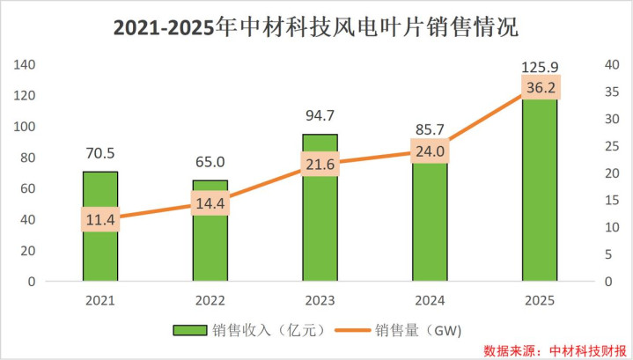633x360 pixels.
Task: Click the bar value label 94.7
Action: tap(320, 114)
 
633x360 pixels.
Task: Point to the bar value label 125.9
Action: tap(540, 67)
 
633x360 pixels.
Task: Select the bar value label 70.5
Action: tap(100, 152)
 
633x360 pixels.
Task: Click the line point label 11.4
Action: tap(100, 219)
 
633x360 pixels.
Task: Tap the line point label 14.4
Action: tap(210, 203)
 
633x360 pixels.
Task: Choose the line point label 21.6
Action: tap(320, 165)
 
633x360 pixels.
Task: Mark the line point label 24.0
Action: tap(431, 151)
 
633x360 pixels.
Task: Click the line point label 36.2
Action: tap(540, 87)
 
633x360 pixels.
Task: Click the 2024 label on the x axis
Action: tap(431, 301)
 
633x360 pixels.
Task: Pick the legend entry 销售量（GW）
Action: tap(415, 330)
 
